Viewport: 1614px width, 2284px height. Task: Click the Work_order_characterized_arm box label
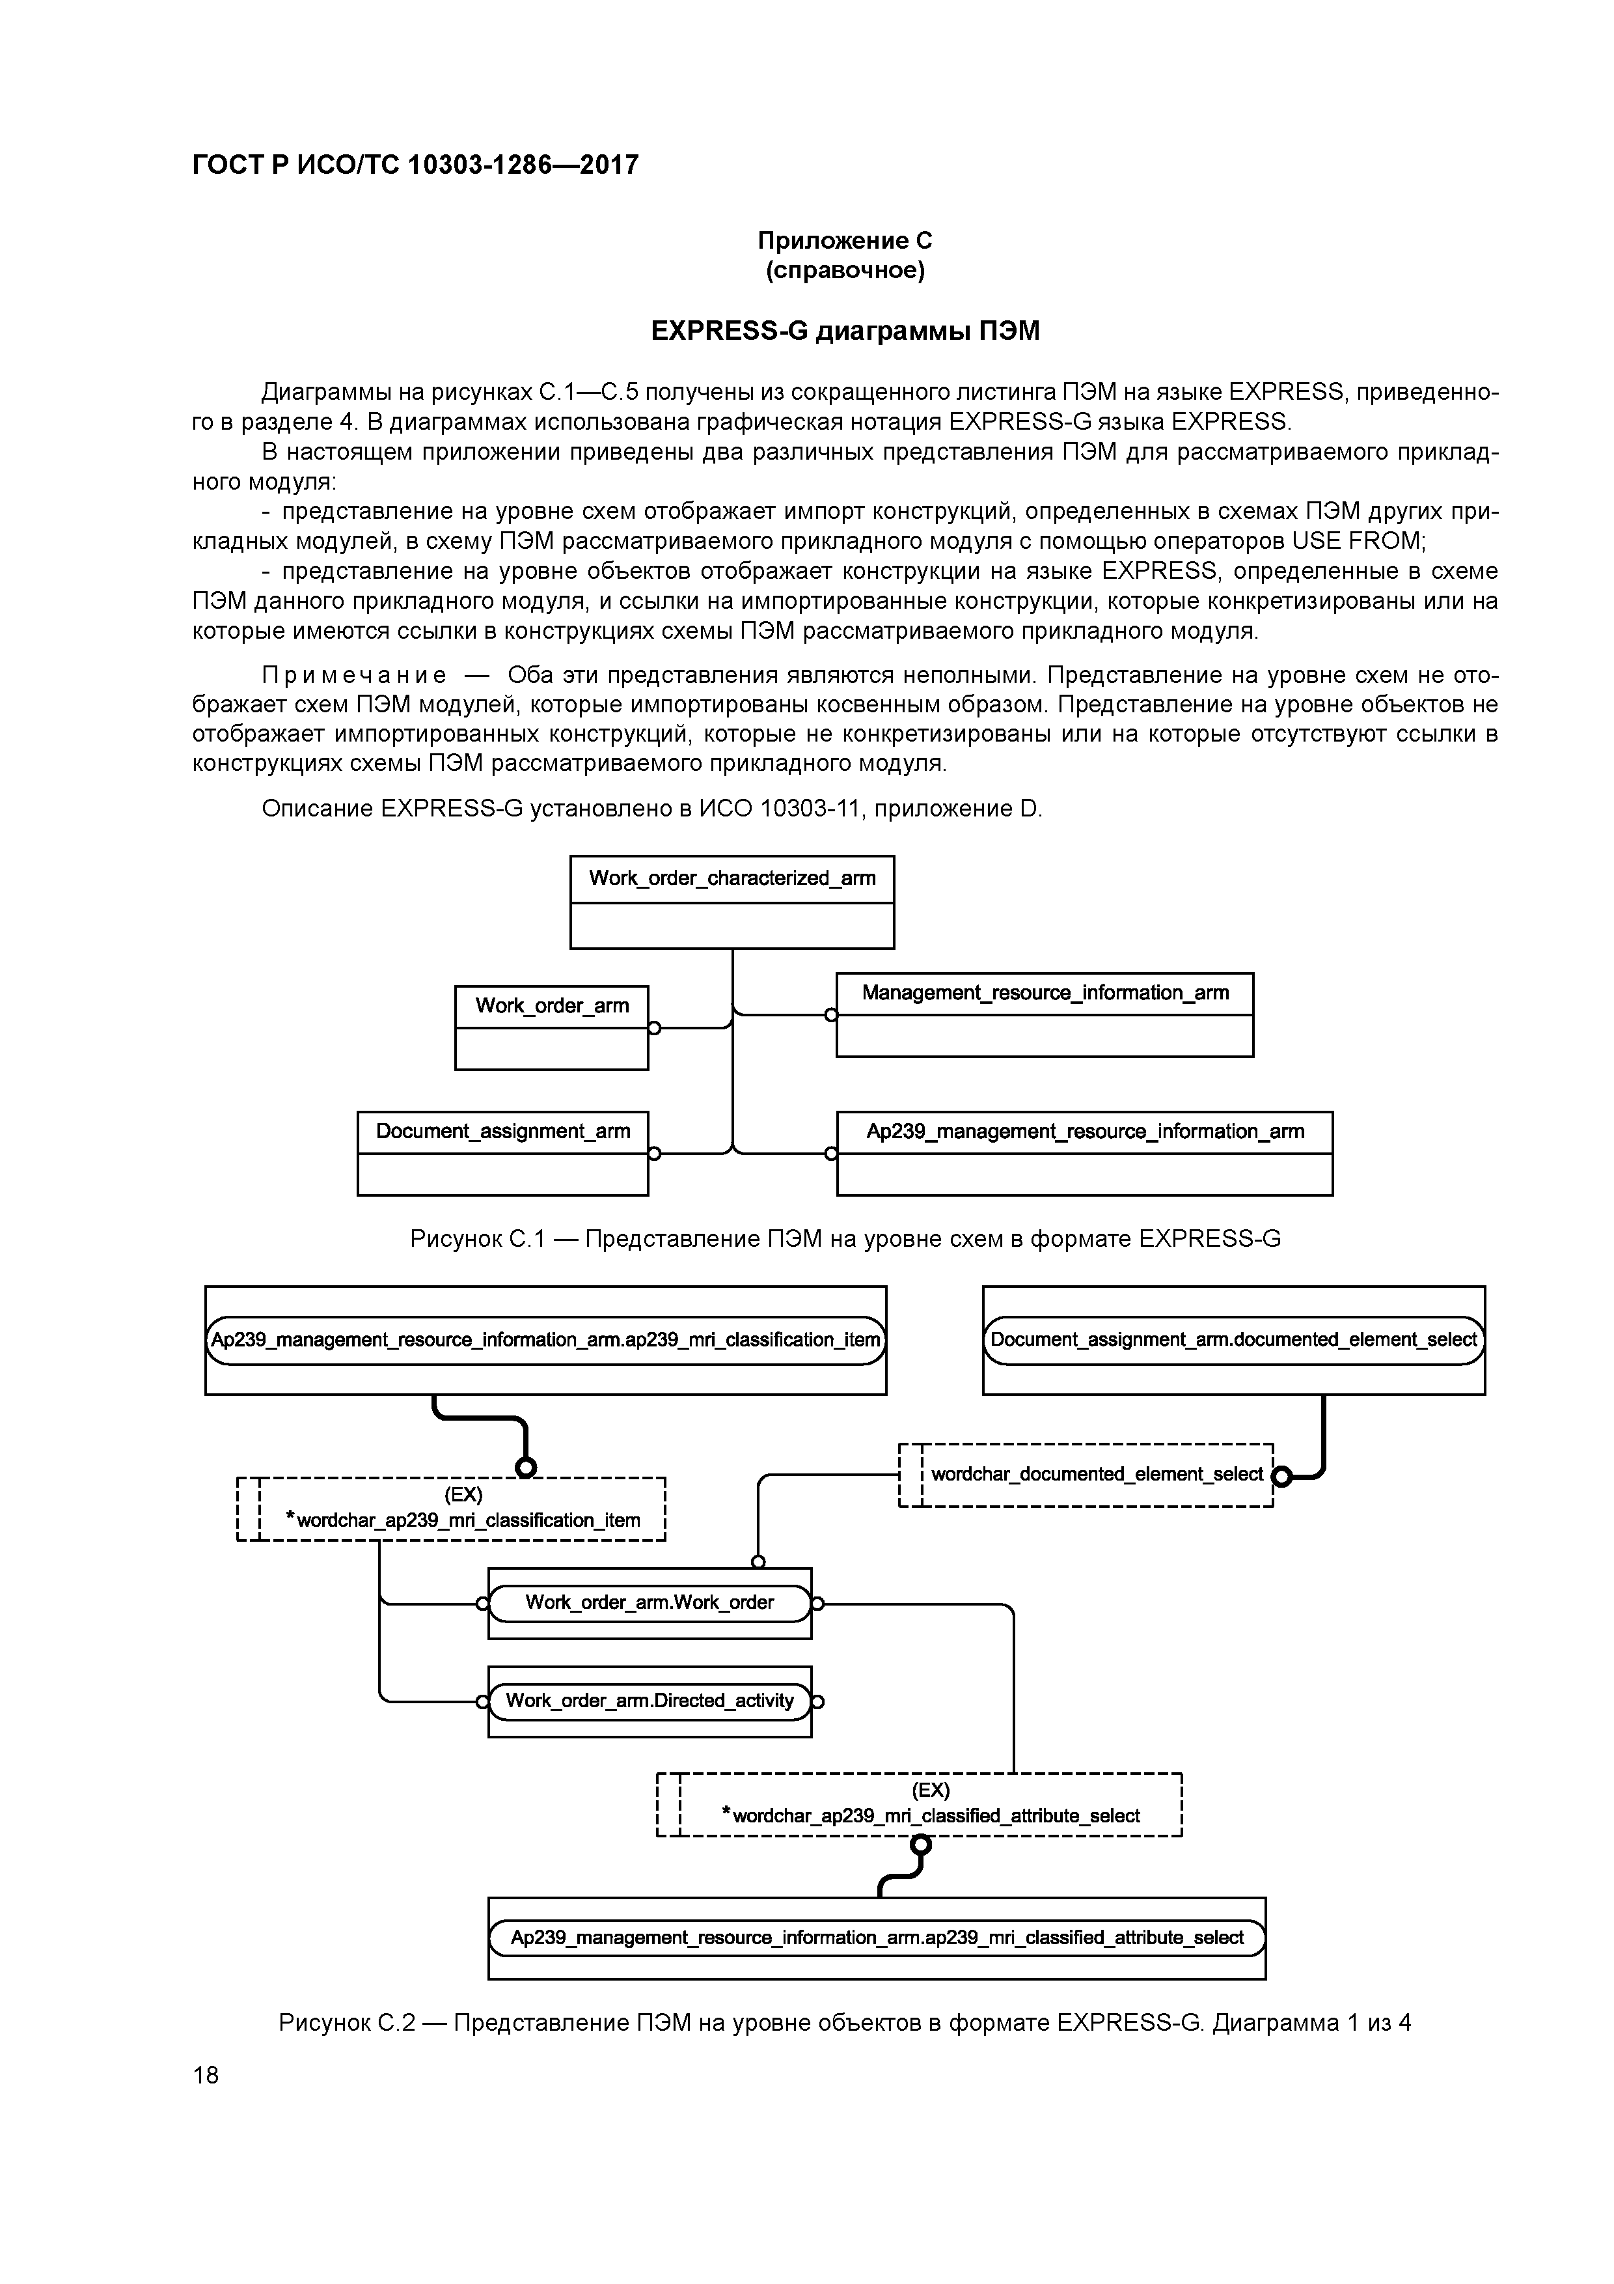click(x=732, y=878)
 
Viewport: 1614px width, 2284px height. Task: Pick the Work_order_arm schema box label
click(x=552, y=1006)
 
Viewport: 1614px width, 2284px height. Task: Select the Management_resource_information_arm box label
click(x=1044, y=993)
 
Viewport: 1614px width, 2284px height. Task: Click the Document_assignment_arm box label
click(x=502, y=1131)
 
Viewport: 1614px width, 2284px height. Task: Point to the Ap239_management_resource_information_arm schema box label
click(x=1084, y=1131)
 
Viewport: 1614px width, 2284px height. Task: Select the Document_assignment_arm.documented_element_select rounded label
click(x=1233, y=1340)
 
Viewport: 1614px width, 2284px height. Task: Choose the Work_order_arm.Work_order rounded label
click(x=650, y=1602)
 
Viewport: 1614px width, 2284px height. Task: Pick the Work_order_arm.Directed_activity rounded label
click(x=650, y=1701)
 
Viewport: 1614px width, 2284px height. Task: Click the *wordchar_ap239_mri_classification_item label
click(x=463, y=1520)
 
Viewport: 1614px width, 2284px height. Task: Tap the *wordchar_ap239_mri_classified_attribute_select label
click(x=930, y=1815)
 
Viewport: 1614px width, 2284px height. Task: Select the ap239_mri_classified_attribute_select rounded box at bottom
click(x=877, y=1938)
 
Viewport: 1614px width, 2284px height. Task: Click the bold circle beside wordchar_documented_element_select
click(x=1282, y=1477)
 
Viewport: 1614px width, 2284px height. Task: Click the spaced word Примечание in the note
click(x=353, y=675)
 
